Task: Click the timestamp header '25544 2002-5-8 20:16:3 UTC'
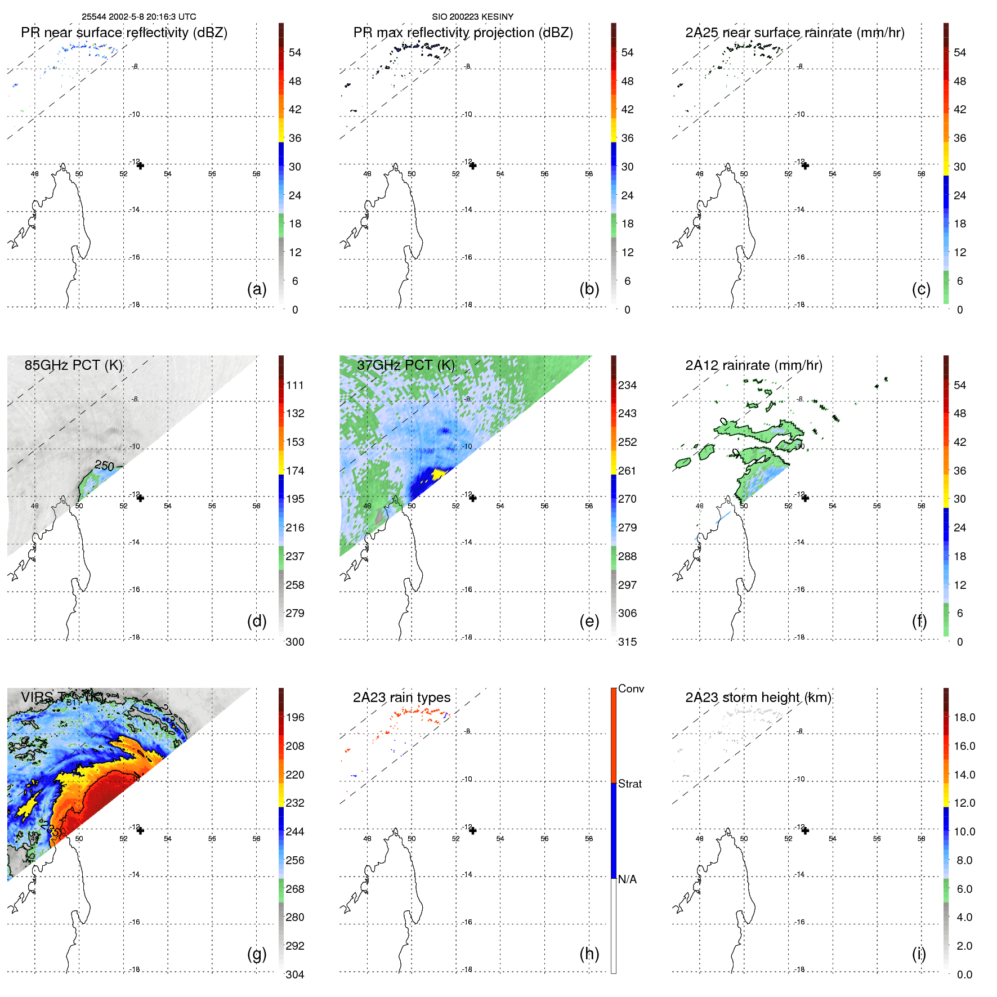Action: pyautogui.click(x=138, y=17)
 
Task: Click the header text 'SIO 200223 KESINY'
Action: pyautogui.click(x=472, y=17)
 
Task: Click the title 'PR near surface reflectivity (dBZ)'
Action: pyautogui.click(x=124, y=33)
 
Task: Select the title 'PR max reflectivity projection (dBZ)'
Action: pyautogui.click(x=463, y=33)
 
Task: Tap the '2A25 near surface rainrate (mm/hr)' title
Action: pyautogui.click(x=794, y=33)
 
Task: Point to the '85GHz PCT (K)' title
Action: pyautogui.click(x=73, y=365)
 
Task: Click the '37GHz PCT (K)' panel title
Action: pyautogui.click(x=405, y=365)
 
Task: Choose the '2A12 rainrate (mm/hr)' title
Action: pyautogui.click(x=753, y=365)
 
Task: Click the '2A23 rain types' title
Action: pyautogui.click(x=401, y=697)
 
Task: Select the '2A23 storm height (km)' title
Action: pyautogui.click(x=758, y=697)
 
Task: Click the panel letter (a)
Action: pyautogui.click(x=257, y=289)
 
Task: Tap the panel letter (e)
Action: pyautogui.click(x=589, y=621)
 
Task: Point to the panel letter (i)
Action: pyautogui.click(x=919, y=954)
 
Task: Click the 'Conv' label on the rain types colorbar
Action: pyautogui.click(x=631, y=688)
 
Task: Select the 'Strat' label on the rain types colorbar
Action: pyautogui.click(x=629, y=784)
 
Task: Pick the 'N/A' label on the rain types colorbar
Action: pyautogui.click(x=627, y=879)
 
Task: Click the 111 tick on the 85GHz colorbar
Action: pyautogui.click(x=294, y=385)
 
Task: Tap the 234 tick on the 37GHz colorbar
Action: pyautogui.click(x=627, y=385)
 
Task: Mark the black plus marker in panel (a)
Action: pyautogui.click(x=140, y=166)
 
